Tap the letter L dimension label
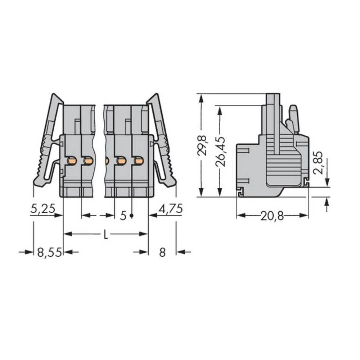pyautogui.click(x=105, y=235)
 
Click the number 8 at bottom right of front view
pyautogui.click(x=162, y=252)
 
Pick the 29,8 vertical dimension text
pyautogui.click(x=203, y=145)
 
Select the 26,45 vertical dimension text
pyautogui.click(x=221, y=151)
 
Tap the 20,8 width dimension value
pyautogui.click(x=273, y=216)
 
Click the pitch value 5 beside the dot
pyautogui.click(x=123, y=216)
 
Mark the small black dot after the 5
pyautogui.click(x=131, y=216)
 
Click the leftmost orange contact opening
pyautogui.click(x=72, y=161)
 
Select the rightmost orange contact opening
pyautogui.click(x=138, y=161)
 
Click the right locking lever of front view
pyautogui.click(x=163, y=144)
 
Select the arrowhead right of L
pyautogui.click(x=144, y=234)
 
